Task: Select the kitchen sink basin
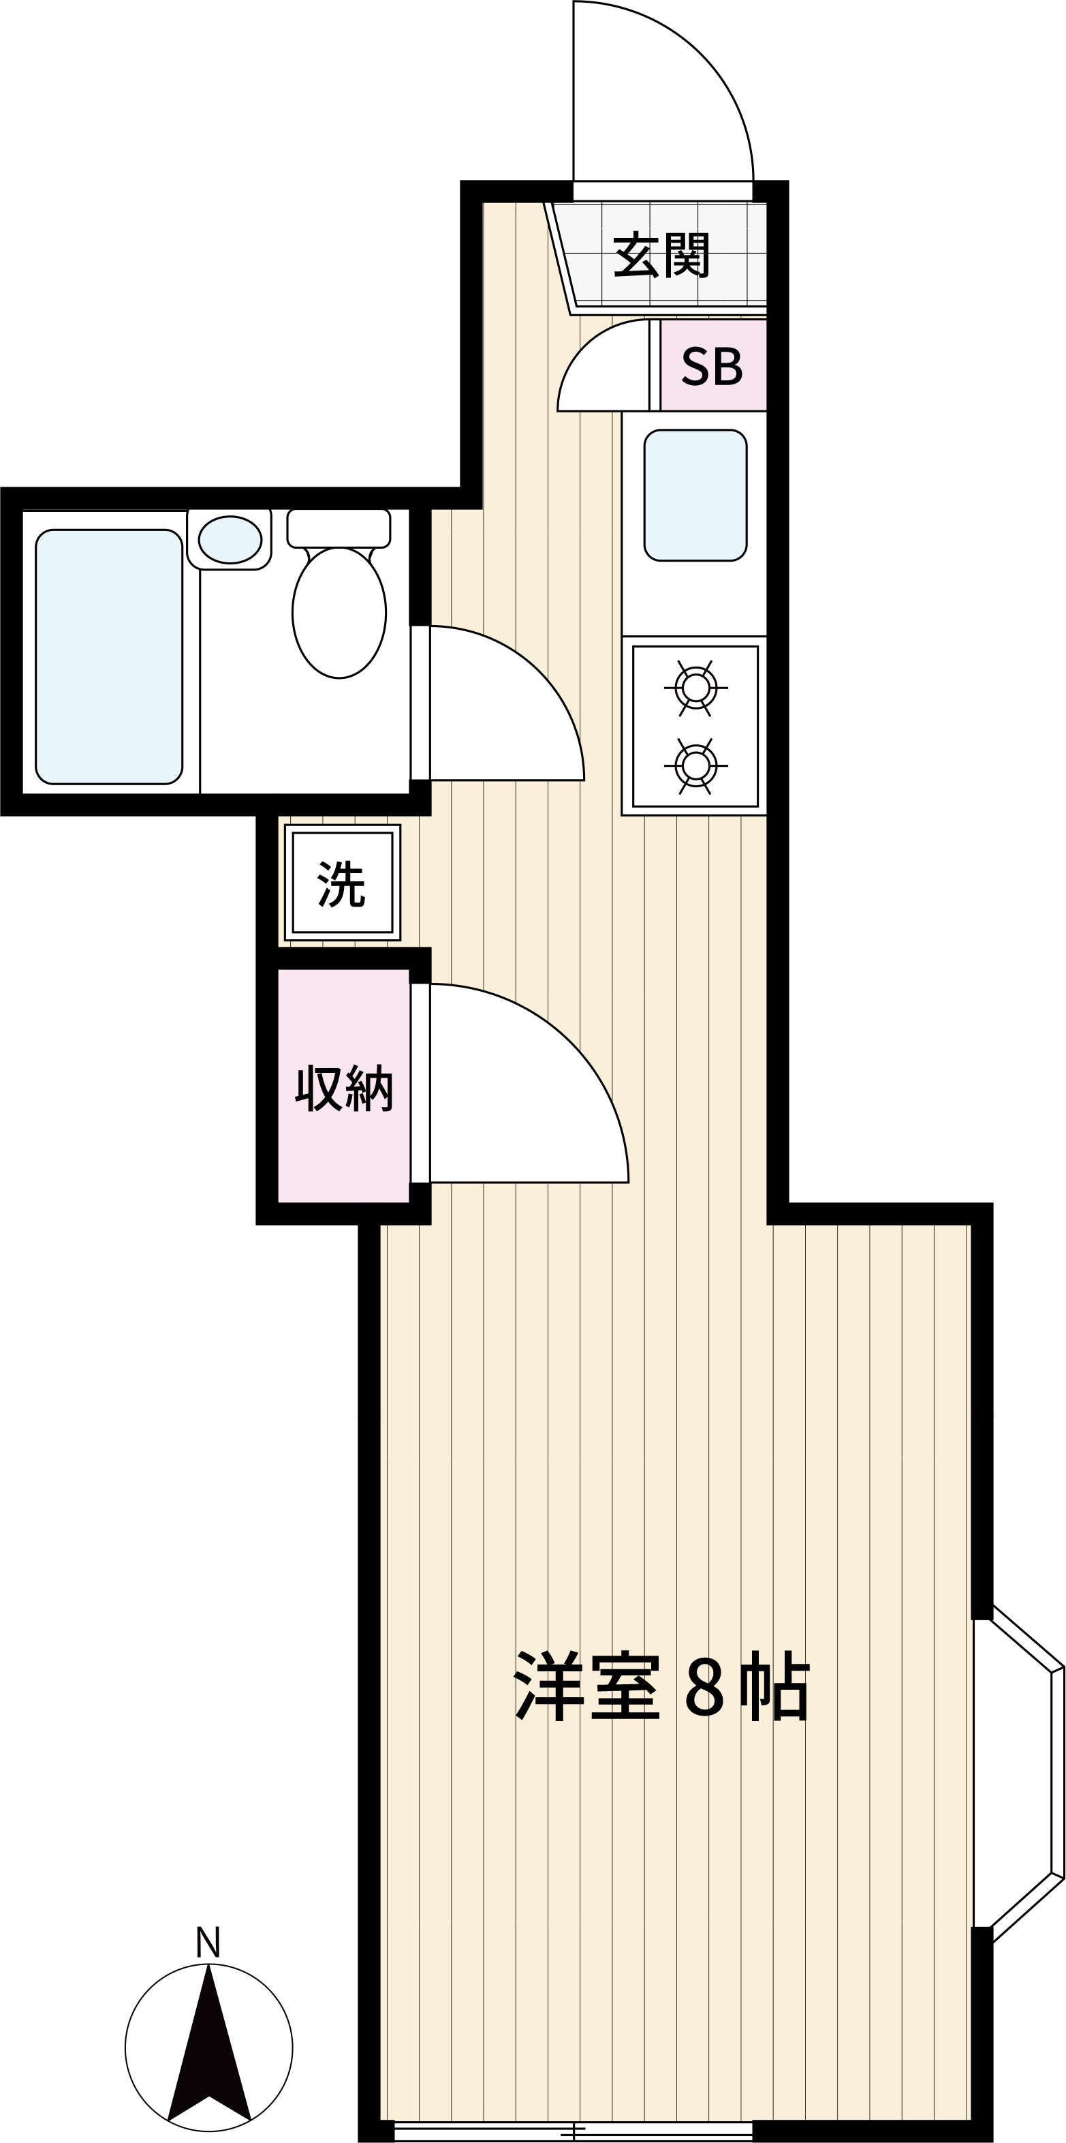(x=695, y=495)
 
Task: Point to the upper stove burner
(x=695, y=688)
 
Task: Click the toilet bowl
(x=339, y=612)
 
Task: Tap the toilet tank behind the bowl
(x=339, y=528)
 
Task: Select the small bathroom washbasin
(x=230, y=539)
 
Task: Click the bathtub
(x=108, y=656)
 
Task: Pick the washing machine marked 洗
(x=343, y=883)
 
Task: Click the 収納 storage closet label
(x=343, y=1087)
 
